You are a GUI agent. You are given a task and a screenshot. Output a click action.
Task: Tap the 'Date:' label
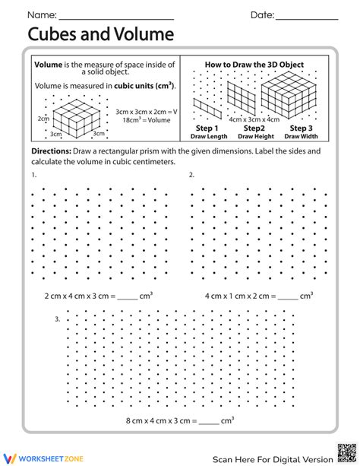click(x=262, y=15)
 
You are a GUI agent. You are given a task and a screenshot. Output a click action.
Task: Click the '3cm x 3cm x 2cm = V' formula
click(x=146, y=111)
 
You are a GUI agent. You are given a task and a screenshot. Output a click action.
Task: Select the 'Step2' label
click(x=252, y=129)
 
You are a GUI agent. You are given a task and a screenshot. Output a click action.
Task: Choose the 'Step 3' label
click(x=298, y=129)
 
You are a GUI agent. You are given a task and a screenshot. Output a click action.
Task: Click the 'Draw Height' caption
click(x=252, y=137)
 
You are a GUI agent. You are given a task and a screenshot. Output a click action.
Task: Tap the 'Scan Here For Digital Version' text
click(x=272, y=458)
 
